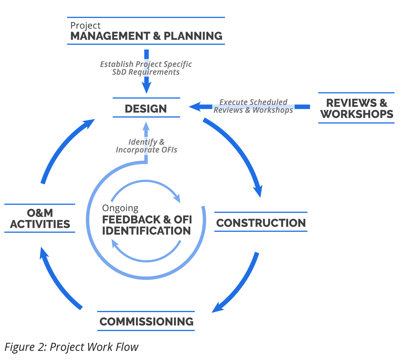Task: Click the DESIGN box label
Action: [x=146, y=109]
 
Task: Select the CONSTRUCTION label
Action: [x=261, y=223]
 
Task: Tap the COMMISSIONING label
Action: [x=146, y=321]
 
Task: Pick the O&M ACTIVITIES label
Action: [x=40, y=218]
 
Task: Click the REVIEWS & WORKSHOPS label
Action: [x=357, y=108]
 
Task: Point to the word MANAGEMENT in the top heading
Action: [x=110, y=36]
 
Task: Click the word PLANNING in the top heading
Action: [x=193, y=36]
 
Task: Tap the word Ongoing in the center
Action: [x=120, y=208]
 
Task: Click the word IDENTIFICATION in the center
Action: [x=146, y=231]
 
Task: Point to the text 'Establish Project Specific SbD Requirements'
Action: [x=146, y=68]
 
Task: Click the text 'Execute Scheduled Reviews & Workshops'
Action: [x=253, y=106]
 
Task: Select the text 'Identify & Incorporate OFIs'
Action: [x=146, y=146]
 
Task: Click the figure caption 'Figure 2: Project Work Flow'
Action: [x=71, y=347]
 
